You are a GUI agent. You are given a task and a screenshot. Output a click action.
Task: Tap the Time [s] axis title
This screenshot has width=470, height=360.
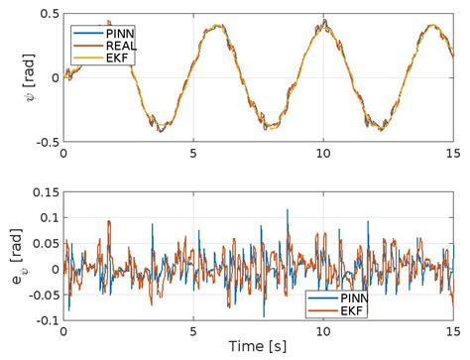click(258, 348)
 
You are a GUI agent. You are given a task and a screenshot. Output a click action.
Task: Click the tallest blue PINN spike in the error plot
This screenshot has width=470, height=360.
click(288, 210)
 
